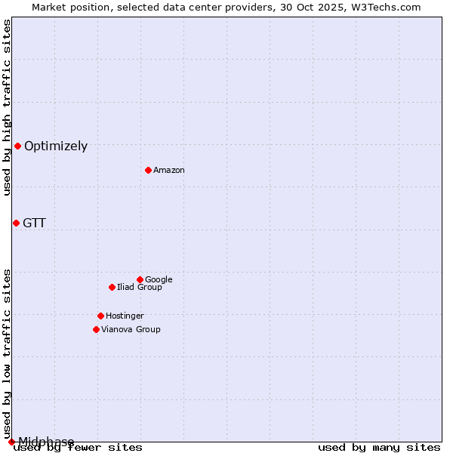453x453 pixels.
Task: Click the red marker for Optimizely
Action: click(x=17, y=146)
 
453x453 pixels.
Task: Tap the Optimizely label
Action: click(x=56, y=146)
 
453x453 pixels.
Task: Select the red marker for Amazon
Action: click(x=148, y=170)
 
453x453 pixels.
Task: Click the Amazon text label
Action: click(x=169, y=171)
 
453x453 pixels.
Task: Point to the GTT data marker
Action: click(x=16, y=223)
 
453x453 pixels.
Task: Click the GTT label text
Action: click(x=34, y=223)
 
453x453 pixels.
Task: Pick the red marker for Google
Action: click(x=140, y=279)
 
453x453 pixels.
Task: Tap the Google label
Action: click(x=159, y=280)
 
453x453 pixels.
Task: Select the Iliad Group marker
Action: click(x=112, y=287)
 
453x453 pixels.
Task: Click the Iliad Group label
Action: click(x=140, y=288)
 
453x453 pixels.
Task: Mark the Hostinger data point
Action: click(x=100, y=316)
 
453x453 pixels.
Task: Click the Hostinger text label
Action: click(x=125, y=316)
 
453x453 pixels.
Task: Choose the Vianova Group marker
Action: click(x=96, y=329)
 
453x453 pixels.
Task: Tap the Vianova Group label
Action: click(x=131, y=330)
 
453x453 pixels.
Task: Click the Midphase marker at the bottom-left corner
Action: click(x=11, y=442)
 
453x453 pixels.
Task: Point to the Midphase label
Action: click(x=46, y=442)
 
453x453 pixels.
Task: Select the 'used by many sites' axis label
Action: click(x=379, y=448)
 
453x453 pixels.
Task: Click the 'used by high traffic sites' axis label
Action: click(x=8, y=107)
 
